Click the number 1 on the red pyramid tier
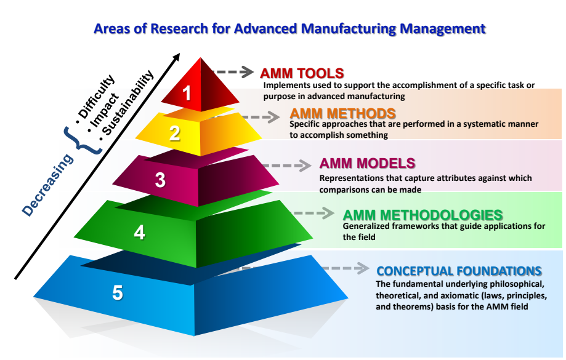tap(187, 93)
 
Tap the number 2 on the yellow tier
tap(175, 133)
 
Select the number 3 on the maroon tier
tap(160, 180)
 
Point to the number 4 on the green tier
tap(140, 232)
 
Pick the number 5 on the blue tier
tap(118, 292)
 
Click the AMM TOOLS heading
tap(302, 73)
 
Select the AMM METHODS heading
tap(342, 114)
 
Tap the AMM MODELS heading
tap(367, 164)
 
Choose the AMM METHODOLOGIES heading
tap(422, 215)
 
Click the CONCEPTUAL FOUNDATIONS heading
tap(459, 271)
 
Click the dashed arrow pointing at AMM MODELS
tap(286, 165)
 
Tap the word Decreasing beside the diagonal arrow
tap(47, 185)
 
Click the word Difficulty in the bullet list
tap(96, 97)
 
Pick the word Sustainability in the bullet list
tap(127, 102)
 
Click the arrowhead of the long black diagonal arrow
tap(176, 58)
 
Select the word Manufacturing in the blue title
tap(349, 28)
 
